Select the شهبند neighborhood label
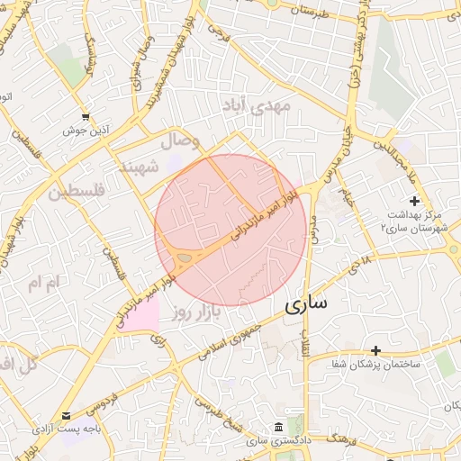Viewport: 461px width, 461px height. [138, 167]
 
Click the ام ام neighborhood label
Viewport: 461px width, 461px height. [42, 284]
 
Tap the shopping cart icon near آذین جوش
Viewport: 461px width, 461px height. [86, 117]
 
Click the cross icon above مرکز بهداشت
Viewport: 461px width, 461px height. [414, 200]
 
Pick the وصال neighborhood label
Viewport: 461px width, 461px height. [178, 141]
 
